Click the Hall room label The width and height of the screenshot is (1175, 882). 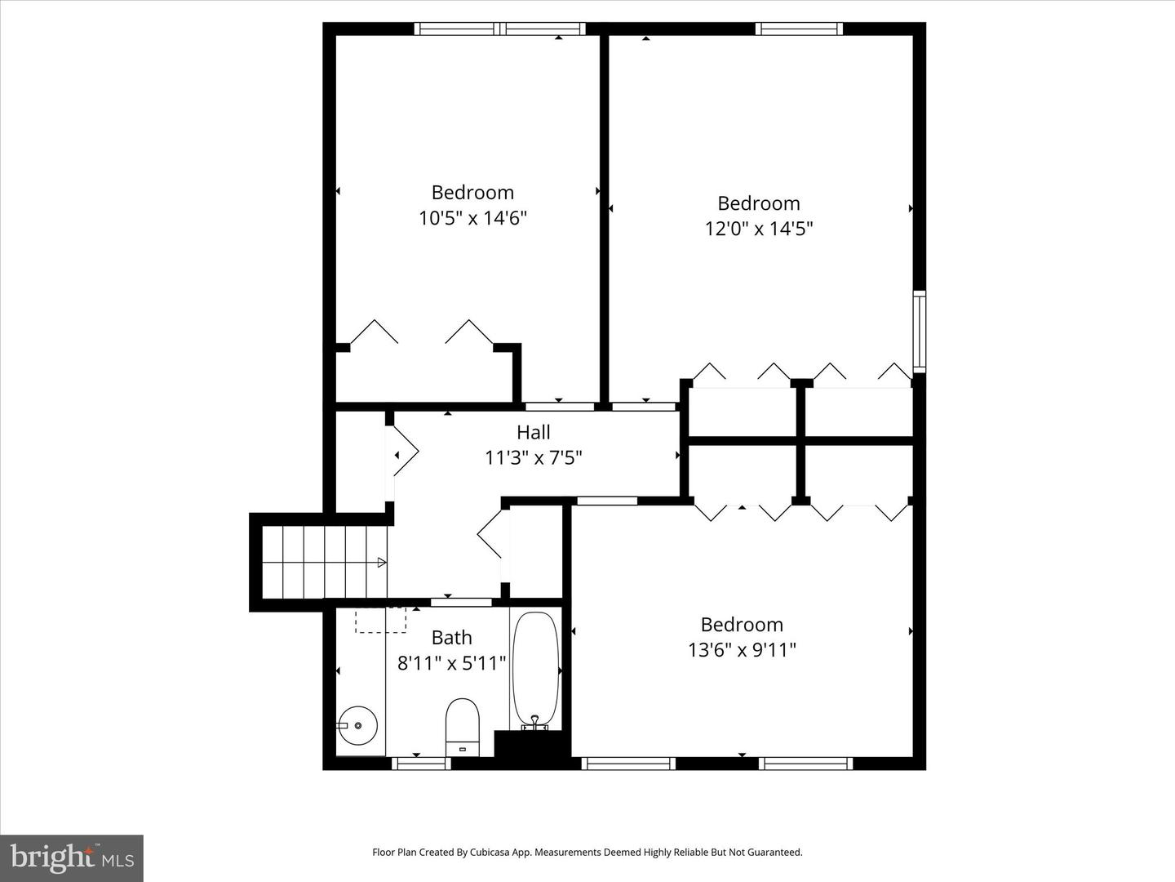[x=533, y=432]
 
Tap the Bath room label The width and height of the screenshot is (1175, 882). [x=452, y=638]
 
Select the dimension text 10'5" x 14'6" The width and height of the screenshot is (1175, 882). [x=472, y=219]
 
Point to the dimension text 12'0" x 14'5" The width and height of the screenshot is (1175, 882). [x=759, y=229]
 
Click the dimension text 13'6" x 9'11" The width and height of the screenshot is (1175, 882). [x=742, y=650]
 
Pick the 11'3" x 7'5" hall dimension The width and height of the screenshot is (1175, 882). [x=533, y=458]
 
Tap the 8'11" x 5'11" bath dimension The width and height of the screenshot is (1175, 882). [x=451, y=663]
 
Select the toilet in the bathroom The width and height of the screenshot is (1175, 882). [x=463, y=727]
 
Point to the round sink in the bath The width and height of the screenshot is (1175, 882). [x=358, y=726]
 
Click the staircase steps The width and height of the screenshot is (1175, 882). [x=325, y=562]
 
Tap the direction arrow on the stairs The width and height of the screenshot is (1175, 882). [x=382, y=563]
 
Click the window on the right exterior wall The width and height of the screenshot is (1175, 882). [x=919, y=332]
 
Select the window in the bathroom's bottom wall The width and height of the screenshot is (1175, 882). [x=421, y=764]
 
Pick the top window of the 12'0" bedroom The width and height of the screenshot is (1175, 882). [x=799, y=29]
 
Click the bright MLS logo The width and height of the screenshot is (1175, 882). [x=72, y=857]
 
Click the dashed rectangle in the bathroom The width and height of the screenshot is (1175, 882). [x=380, y=620]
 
